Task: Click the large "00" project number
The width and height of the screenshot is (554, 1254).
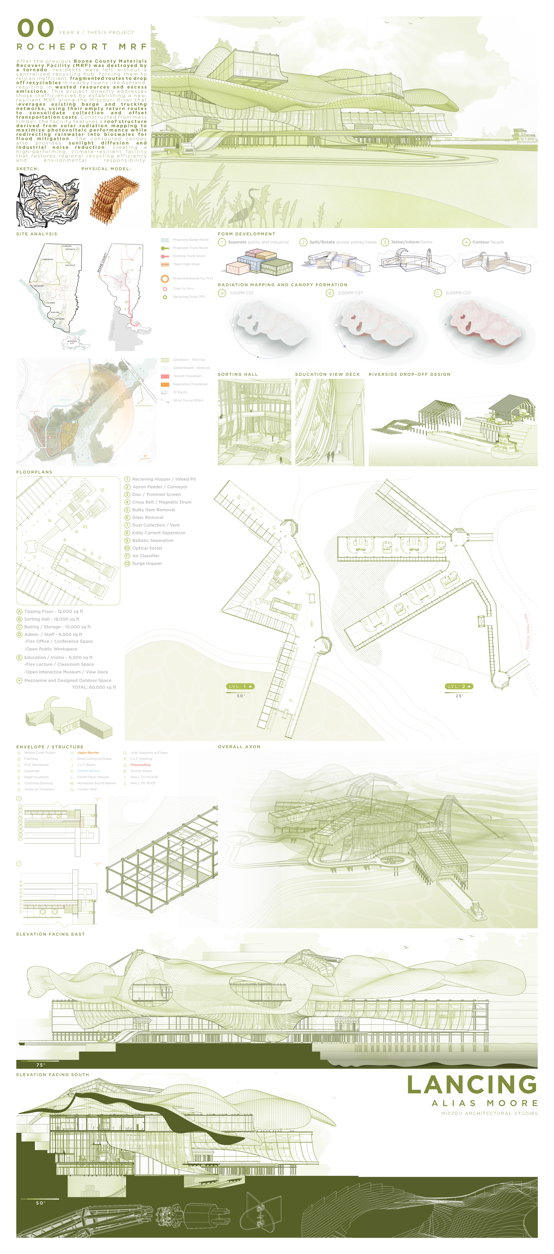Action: pos(36,28)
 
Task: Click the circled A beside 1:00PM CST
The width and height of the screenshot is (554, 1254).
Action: pos(222,293)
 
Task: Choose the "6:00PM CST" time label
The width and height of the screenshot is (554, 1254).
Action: pos(458,293)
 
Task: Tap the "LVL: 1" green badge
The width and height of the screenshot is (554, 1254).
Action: pos(240,686)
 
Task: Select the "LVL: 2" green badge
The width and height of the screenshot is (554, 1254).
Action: pos(459,686)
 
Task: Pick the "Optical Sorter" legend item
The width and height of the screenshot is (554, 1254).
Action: pos(147,548)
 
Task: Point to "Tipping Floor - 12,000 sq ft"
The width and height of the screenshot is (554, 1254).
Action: pos(54,611)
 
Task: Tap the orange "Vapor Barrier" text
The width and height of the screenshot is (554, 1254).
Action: pos(88,753)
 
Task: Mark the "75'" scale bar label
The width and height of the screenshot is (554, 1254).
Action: pos(40,1065)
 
